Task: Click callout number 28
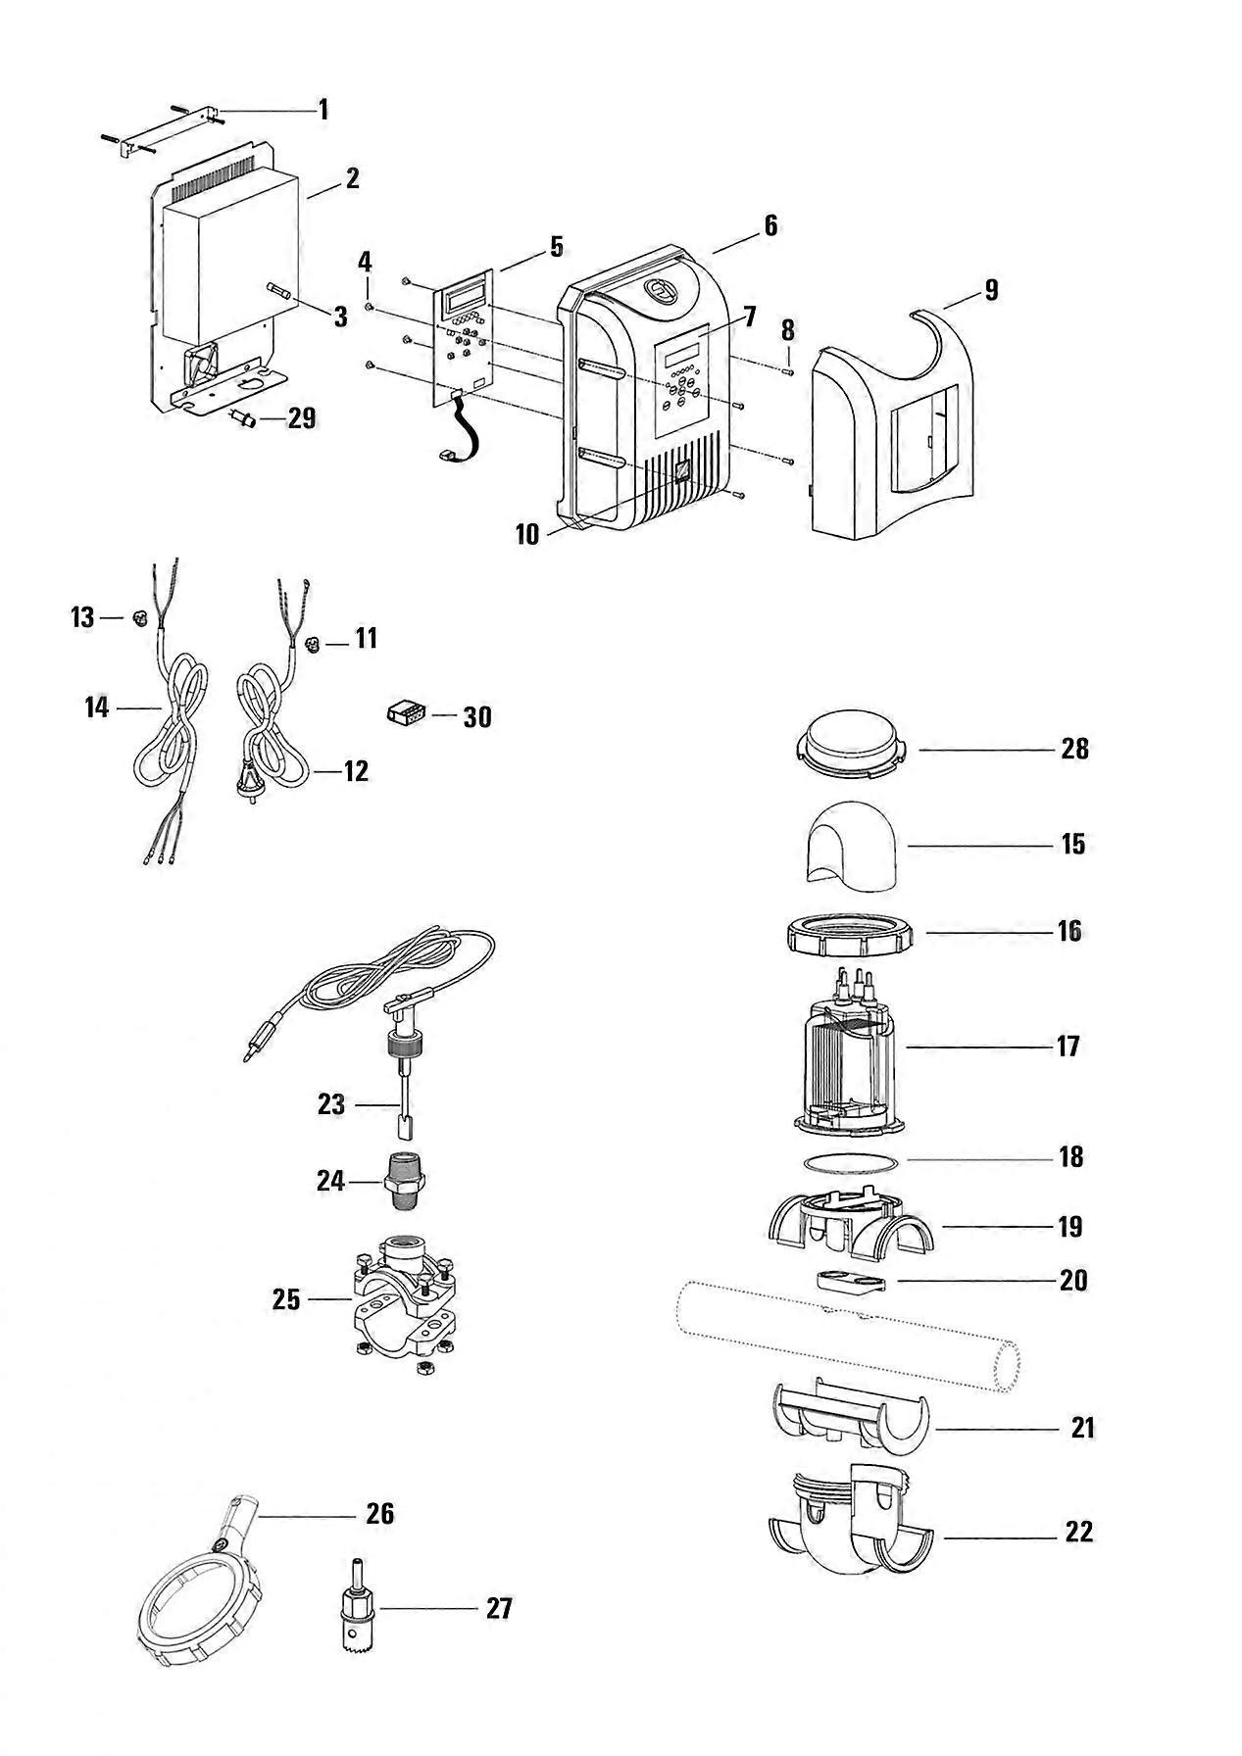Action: pos(1074,749)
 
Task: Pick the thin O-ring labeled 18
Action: pos(850,1161)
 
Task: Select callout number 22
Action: pos(1078,1531)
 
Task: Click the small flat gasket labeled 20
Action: pos(849,1281)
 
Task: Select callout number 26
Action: pos(379,1514)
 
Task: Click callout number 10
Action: pos(526,534)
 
